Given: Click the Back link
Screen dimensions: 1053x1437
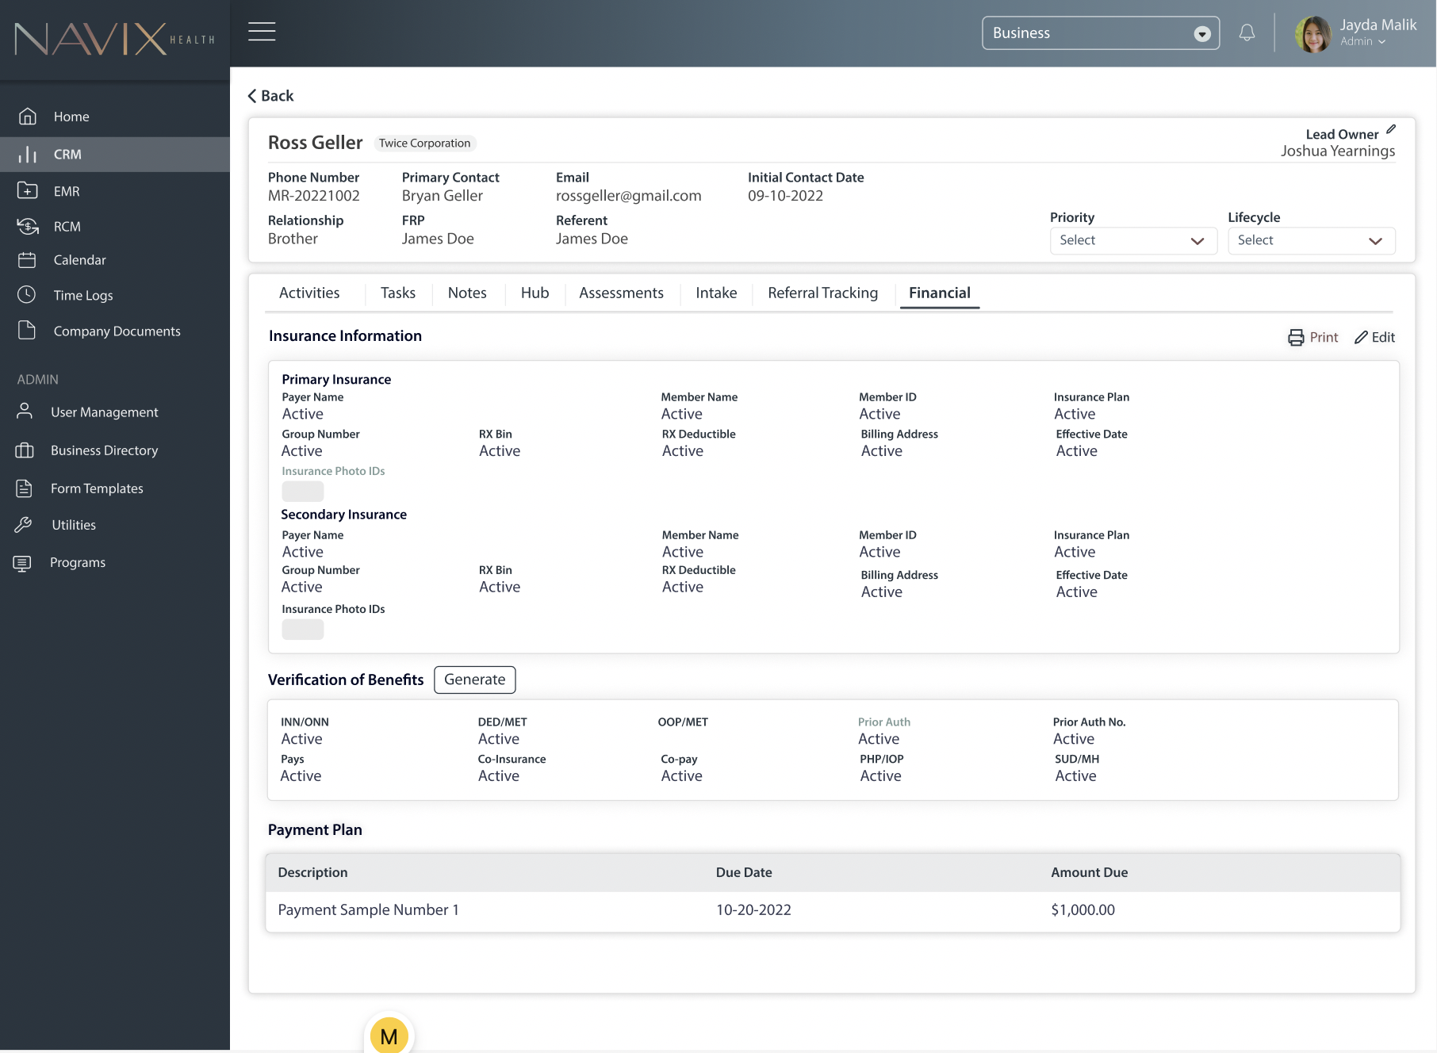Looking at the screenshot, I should [x=271, y=96].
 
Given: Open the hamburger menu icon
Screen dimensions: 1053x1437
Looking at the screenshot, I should [x=262, y=32].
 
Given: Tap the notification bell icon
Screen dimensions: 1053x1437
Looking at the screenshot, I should [x=1247, y=33].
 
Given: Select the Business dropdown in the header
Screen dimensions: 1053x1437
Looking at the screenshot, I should [x=1100, y=33].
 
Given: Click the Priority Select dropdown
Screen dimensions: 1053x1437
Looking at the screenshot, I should [x=1132, y=240].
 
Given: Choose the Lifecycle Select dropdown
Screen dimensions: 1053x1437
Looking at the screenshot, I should [x=1310, y=240].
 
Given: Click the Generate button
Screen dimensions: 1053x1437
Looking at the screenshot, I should [x=474, y=680].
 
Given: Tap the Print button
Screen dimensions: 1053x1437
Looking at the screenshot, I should [x=1313, y=337].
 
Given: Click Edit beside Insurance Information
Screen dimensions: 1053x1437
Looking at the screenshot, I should [x=1374, y=337].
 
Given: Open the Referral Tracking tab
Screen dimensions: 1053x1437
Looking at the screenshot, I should [x=822, y=293].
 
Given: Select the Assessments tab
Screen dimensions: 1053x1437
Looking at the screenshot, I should [x=621, y=293].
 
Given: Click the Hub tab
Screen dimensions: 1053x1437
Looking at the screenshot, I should [x=535, y=293].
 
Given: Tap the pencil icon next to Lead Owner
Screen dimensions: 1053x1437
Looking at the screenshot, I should [x=1391, y=130].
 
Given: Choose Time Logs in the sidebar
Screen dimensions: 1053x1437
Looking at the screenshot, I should [x=82, y=295].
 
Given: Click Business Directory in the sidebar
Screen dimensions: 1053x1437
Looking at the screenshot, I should [x=104, y=450].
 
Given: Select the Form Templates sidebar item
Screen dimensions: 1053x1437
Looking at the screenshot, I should [x=97, y=488].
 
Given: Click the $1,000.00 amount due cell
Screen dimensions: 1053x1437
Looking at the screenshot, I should [x=1083, y=910].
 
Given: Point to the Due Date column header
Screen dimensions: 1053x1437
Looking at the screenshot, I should [x=744, y=872].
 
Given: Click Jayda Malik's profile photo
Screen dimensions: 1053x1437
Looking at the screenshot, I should [x=1313, y=34].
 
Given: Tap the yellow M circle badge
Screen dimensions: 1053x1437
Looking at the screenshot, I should [x=389, y=1036].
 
